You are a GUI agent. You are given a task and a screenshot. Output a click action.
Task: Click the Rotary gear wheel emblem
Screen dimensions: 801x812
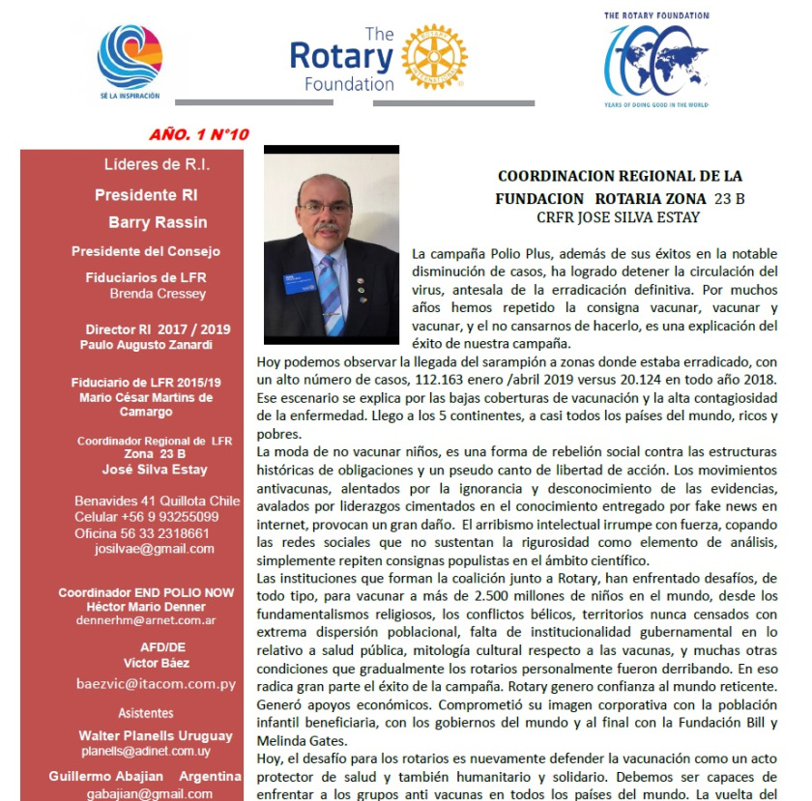(434, 57)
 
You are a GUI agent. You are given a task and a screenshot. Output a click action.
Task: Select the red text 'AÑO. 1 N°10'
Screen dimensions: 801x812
(199, 133)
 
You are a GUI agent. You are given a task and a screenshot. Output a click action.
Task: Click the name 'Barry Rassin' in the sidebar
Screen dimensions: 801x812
(158, 222)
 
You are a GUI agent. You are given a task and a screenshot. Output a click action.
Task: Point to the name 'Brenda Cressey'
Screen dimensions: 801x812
(158, 294)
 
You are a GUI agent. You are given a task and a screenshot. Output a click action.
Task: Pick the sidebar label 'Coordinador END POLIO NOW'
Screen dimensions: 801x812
(146, 592)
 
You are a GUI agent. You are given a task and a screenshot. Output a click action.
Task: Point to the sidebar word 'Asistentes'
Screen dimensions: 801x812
(146, 713)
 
